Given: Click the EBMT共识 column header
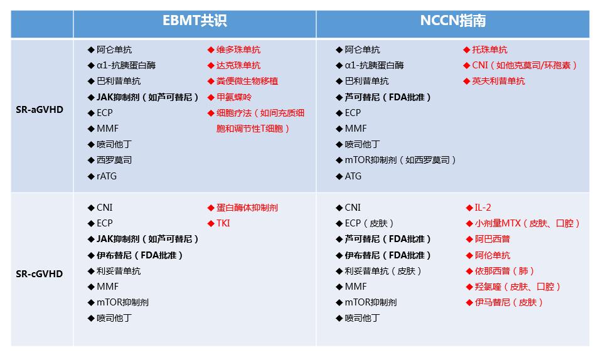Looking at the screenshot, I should tap(195, 21).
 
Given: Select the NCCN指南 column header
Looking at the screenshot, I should tap(452, 21).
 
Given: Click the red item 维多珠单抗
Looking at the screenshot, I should tap(238, 50).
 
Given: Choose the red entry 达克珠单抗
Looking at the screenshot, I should tap(238, 65).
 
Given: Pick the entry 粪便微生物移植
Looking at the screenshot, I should tap(247, 81).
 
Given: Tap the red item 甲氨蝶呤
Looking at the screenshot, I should tap(233, 97).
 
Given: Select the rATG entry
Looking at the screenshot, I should tap(106, 176).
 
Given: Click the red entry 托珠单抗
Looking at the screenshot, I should tap(489, 50).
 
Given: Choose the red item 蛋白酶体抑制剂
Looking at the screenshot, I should tap(247, 208).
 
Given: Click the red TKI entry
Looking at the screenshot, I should tap(223, 223).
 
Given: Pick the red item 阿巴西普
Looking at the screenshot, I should tap(492, 239).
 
